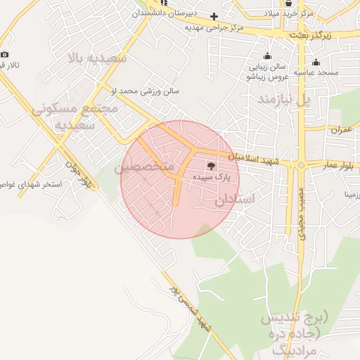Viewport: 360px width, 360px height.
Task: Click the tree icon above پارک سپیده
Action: [x=212, y=167]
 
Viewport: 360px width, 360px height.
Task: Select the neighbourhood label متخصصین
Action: [x=145, y=167]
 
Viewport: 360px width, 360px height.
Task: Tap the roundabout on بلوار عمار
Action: [x=302, y=165]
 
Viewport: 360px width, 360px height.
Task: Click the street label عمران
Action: [x=339, y=130]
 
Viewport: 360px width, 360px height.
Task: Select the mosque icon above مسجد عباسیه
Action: [x=316, y=61]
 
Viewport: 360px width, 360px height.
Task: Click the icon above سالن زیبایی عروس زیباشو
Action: [x=266, y=57]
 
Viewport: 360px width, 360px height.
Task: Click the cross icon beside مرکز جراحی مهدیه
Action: [x=214, y=16]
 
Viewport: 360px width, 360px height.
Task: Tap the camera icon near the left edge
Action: [x=5, y=55]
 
